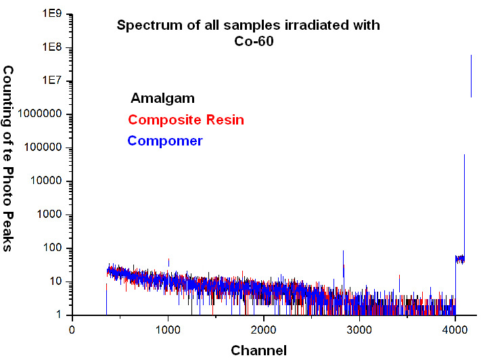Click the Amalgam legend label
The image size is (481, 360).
[x=162, y=99]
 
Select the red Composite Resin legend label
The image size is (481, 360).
[x=186, y=120]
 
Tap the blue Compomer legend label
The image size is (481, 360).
[x=165, y=141]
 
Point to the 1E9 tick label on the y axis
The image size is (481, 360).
[x=52, y=14]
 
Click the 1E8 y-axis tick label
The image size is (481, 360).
[x=52, y=47]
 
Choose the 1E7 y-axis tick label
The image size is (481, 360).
[x=52, y=81]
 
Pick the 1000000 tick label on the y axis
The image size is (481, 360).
[x=40, y=114]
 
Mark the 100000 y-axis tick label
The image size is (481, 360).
[x=43, y=148]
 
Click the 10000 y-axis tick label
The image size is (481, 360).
[x=46, y=181]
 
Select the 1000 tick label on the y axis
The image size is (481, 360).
[x=49, y=215]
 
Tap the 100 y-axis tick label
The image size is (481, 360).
[x=53, y=248]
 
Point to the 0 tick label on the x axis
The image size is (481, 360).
[x=72, y=330]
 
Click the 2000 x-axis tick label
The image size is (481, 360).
[x=263, y=330]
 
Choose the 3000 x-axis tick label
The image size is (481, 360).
[x=359, y=330]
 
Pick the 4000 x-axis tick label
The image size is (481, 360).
[x=455, y=330]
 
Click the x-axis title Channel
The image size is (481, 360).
[x=258, y=351]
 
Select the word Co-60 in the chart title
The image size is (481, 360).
[x=254, y=41]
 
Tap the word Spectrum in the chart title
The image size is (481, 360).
[x=150, y=26]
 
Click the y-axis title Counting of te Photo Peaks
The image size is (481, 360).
[x=8, y=158]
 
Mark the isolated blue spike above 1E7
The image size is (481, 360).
[x=471, y=76]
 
